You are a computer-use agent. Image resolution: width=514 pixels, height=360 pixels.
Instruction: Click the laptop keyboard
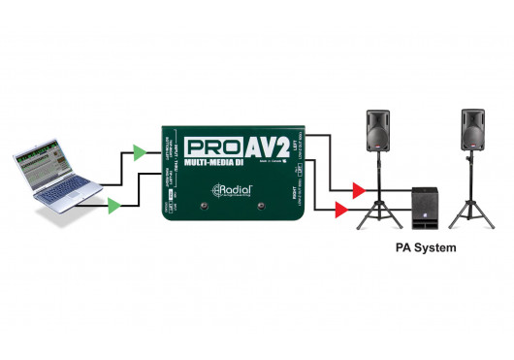[67, 192]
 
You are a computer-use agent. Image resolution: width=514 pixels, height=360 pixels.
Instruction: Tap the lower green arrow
[114, 205]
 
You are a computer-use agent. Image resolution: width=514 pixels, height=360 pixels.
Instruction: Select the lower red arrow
[341, 208]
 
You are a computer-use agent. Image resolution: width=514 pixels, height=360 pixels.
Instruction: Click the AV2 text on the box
[269, 149]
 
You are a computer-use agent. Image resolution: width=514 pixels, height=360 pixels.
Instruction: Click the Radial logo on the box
[233, 190]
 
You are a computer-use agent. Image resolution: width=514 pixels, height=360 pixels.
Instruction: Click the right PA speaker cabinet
[474, 128]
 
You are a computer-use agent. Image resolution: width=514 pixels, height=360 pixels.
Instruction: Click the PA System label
[426, 248]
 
